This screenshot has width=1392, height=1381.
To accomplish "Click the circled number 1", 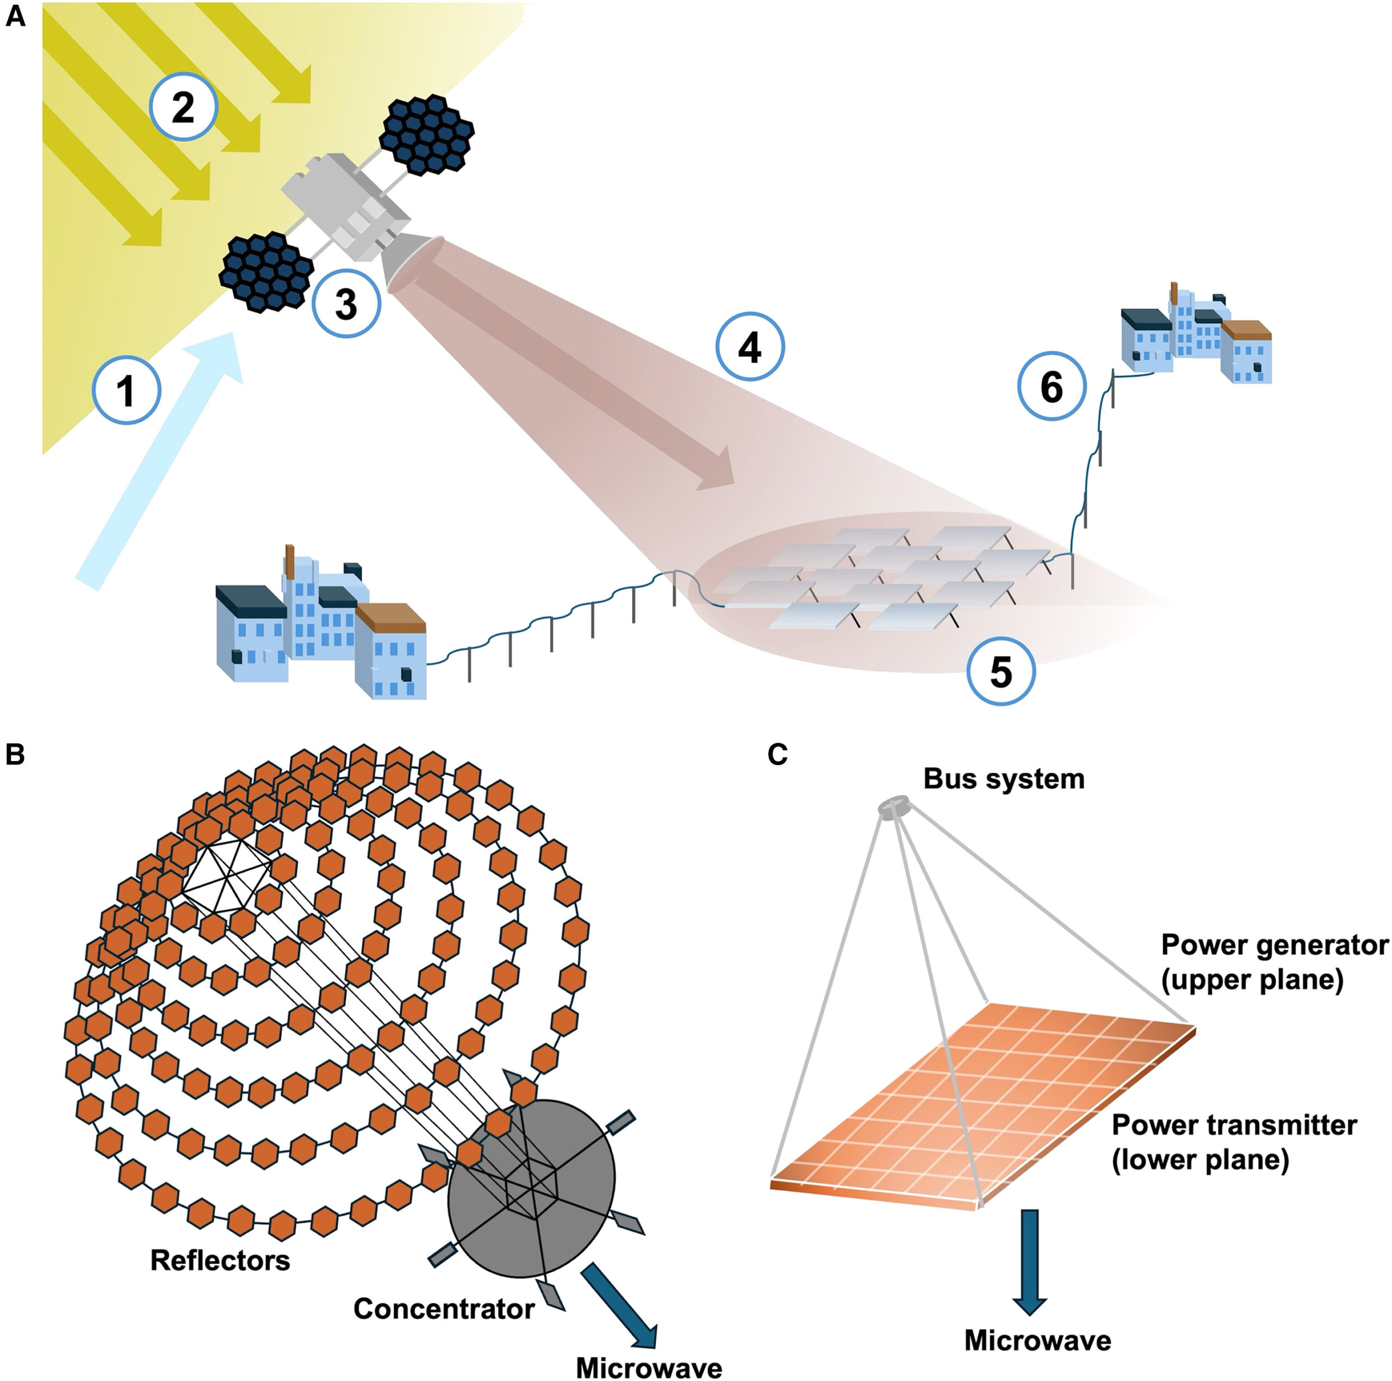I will (x=127, y=391).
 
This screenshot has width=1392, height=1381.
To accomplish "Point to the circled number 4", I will (x=749, y=348).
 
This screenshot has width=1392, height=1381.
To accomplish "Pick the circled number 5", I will (x=1000, y=671).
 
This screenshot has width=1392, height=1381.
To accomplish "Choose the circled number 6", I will (x=1051, y=388).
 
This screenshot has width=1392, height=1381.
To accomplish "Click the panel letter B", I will (x=15, y=754).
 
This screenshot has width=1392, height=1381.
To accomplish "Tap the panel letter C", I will (x=778, y=754).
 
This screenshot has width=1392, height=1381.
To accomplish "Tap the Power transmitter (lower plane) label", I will (x=1234, y=1141).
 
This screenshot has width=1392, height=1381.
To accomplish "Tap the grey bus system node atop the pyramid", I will (x=894, y=806).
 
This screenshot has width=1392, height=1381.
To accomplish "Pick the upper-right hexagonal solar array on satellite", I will (x=426, y=134).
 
